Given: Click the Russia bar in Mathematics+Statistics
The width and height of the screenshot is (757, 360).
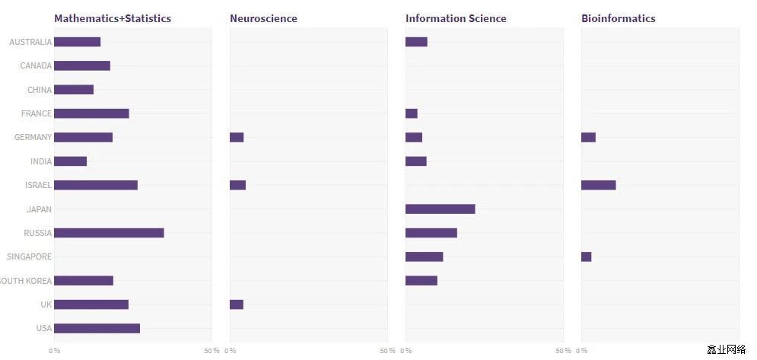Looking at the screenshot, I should coord(109,233).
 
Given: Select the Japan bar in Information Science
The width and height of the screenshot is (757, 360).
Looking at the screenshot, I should coord(440,209).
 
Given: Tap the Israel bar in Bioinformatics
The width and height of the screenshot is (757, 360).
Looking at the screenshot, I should coord(598,185).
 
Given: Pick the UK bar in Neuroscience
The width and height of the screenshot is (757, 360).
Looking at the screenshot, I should coord(237,304).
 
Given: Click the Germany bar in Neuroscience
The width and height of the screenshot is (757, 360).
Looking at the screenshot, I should coord(237,138).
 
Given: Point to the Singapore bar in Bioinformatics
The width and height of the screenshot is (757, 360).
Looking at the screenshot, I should coord(586,256).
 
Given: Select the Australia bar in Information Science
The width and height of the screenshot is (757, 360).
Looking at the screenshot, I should coord(416,42).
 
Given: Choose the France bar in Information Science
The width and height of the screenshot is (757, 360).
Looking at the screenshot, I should coord(412,113).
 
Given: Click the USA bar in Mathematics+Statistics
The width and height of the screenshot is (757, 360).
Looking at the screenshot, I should coord(97,328).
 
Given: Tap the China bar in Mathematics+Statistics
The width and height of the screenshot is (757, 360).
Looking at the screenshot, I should coord(74,90).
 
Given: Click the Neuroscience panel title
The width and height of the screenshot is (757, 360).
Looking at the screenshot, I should coord(263,18).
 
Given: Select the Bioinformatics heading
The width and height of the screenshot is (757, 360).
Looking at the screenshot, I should coord(618,18).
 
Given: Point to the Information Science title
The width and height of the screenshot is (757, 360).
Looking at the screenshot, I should coord(456,18).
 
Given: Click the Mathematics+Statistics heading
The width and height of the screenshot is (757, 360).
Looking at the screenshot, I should coord(113,18).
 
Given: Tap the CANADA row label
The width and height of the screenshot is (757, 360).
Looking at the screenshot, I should coord(36,66).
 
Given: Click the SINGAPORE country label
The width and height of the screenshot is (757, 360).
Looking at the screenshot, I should coord(29,257).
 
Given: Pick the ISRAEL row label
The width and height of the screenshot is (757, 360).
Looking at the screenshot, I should coord(38,185).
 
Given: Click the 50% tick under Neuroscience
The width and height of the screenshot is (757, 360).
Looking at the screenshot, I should coord(387,351).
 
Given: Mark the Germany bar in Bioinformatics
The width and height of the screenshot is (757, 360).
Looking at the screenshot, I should coord(588,138).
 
